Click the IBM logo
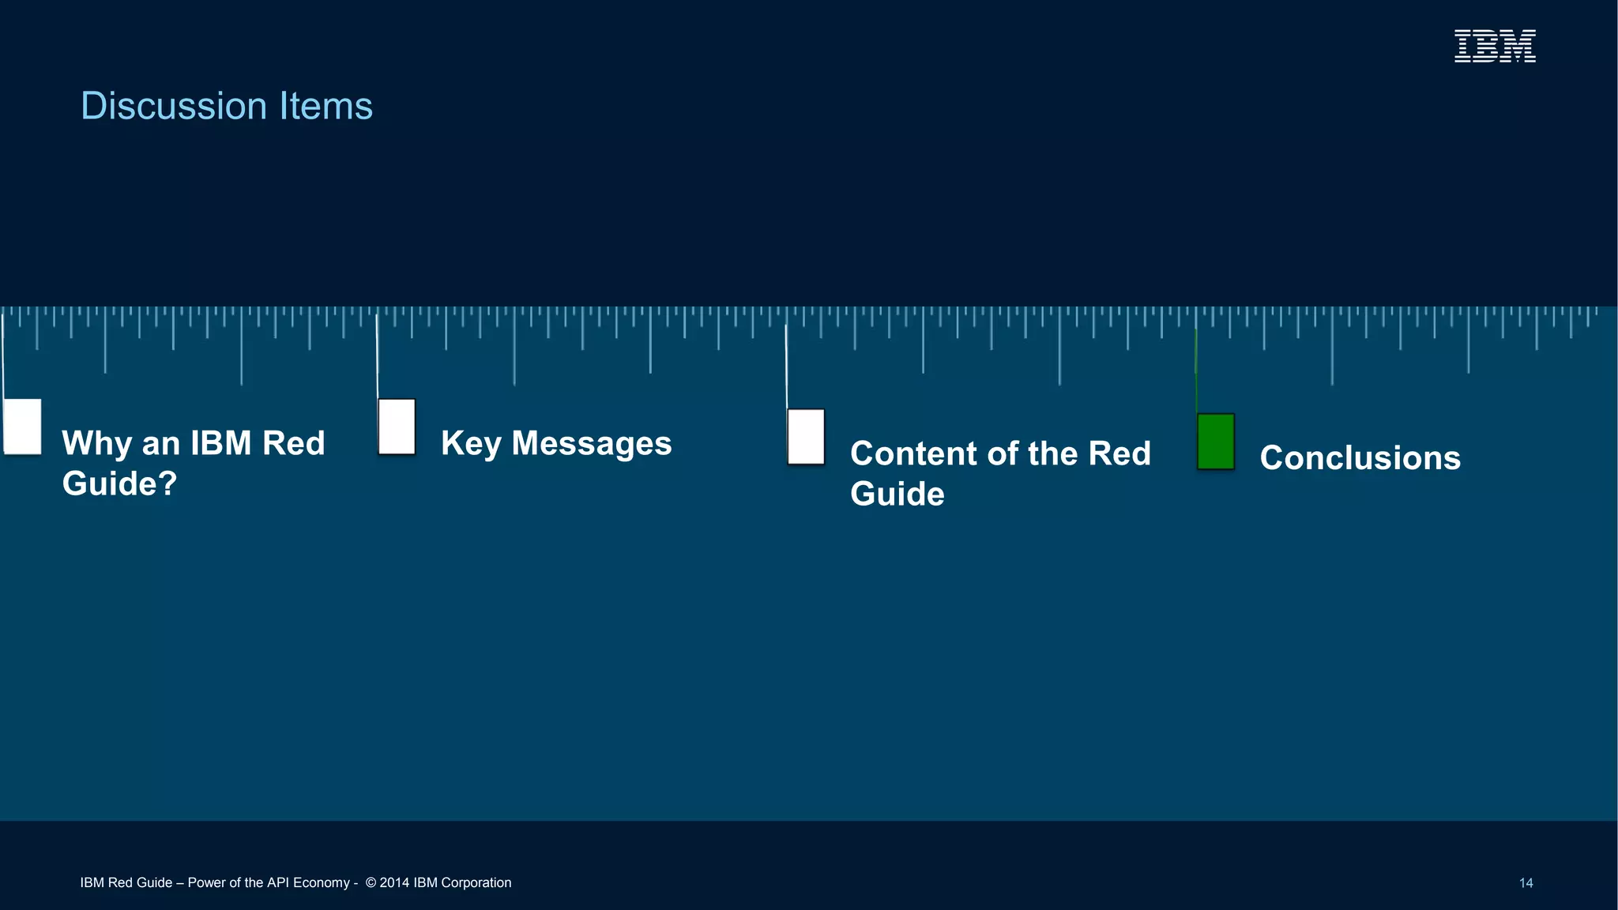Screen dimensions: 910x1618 [x=1495, y=46]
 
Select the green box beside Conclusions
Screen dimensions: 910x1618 [x=1215, y=442]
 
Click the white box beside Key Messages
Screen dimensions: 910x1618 [x=397, y=427]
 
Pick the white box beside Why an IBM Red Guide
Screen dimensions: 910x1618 [x=22, y=427]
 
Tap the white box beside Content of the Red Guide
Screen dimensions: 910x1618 [x=806, y=437]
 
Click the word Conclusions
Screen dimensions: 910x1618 [x=1360, y=458]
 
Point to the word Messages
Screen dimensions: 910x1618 [x=592, y=443]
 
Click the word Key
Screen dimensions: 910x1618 [x=471, y=444]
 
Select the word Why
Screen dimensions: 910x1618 [x=96, y=444]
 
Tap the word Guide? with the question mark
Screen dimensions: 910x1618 [x=119, y=483]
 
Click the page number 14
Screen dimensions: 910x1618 [x=1526, y=883]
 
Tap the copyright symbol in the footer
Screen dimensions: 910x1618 [x=371, y=882]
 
